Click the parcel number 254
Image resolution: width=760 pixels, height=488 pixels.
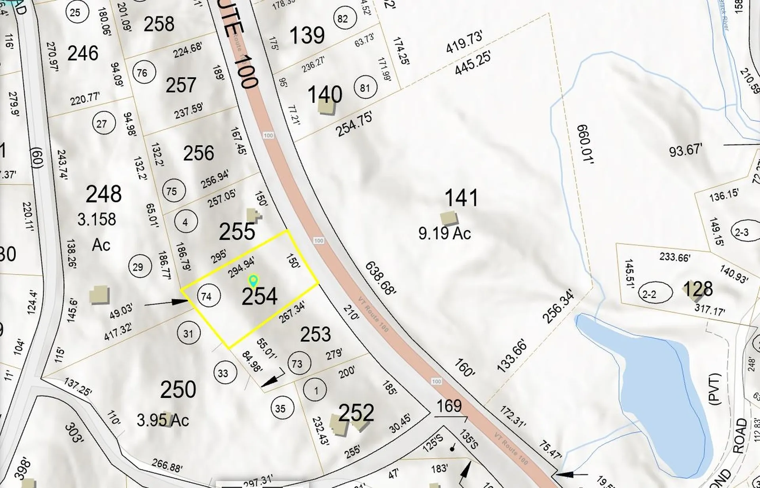click(259, 297)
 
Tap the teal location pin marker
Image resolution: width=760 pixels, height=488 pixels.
click(253, 280)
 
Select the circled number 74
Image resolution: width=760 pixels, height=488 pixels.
click(207, 296)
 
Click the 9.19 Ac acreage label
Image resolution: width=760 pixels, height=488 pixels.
click(445, 233)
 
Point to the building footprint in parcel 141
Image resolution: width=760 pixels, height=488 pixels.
click(449, 218)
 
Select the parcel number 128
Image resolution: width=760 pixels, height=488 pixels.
click(698, 289)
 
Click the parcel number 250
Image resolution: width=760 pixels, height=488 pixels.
click(178, 390)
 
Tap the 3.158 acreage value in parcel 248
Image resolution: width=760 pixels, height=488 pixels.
click(97, 219)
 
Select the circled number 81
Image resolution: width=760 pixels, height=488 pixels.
click(365, 88)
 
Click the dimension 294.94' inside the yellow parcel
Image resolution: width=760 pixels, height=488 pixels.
click(241, 267)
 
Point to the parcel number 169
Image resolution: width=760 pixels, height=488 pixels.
click(449, 406)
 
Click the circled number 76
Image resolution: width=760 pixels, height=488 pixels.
click(142, 72)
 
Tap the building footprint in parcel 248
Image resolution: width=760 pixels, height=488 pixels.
click(99, 295)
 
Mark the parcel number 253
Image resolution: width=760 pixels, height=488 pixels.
click(315, 335)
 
